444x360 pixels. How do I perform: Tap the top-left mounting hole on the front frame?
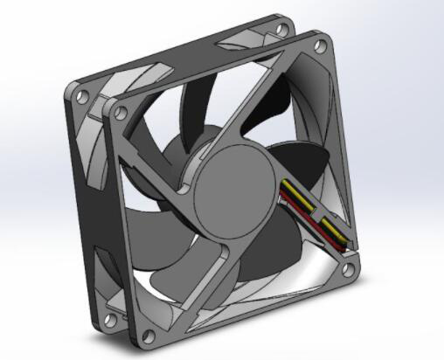[x=121, y=111]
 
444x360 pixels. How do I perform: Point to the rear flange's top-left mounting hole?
[x=82, y=93]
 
